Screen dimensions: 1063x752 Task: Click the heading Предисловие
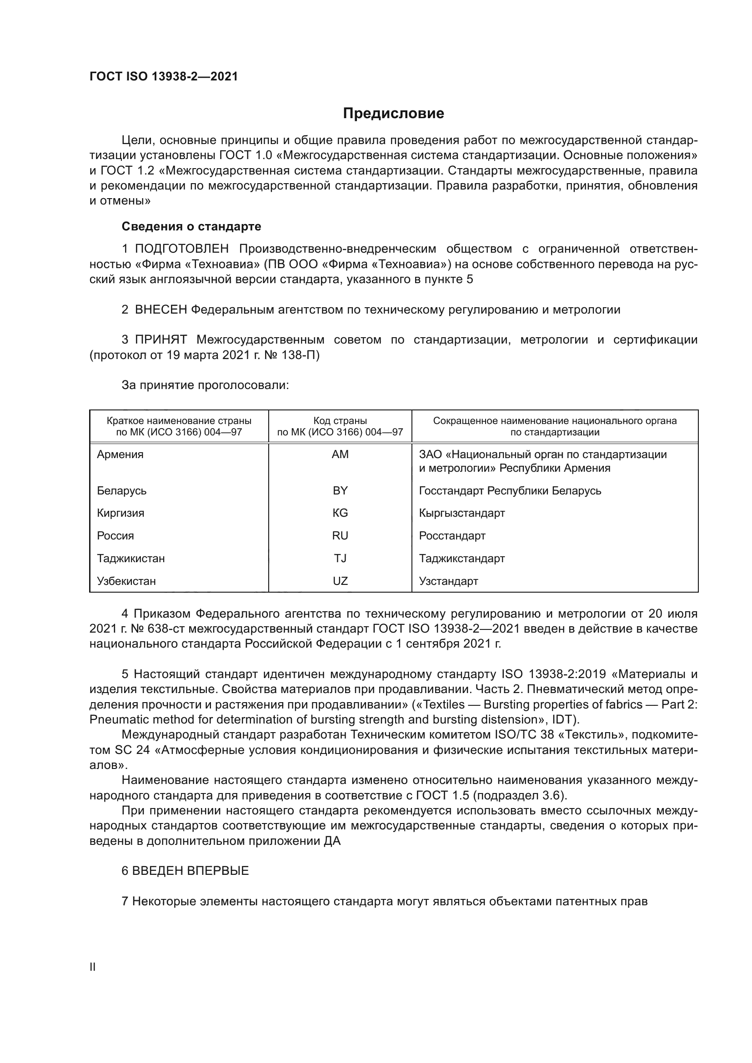[x=393, y=114]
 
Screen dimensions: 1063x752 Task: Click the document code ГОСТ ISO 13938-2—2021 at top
[x=164, y=77]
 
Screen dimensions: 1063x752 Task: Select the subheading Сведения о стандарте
[x=191, y=226]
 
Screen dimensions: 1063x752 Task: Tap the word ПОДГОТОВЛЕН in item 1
[x=182, y=249]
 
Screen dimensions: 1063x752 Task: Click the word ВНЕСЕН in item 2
[x=160, y=310]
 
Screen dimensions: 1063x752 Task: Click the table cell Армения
[x=120, y=454]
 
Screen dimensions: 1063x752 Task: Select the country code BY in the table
[x=340, y=491]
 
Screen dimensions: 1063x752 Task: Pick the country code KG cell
[x=340, y=513]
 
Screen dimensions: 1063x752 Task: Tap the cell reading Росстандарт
[x=452, y=536]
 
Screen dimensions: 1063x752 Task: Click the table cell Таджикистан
[x=130, y=559]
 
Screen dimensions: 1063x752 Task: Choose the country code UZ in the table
[x=340, y=581]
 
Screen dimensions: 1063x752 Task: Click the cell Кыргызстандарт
[x=461, y=513]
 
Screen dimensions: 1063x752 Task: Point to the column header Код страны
[x=340, y=421]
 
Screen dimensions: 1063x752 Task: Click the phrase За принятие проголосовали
[x=205, y=385]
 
